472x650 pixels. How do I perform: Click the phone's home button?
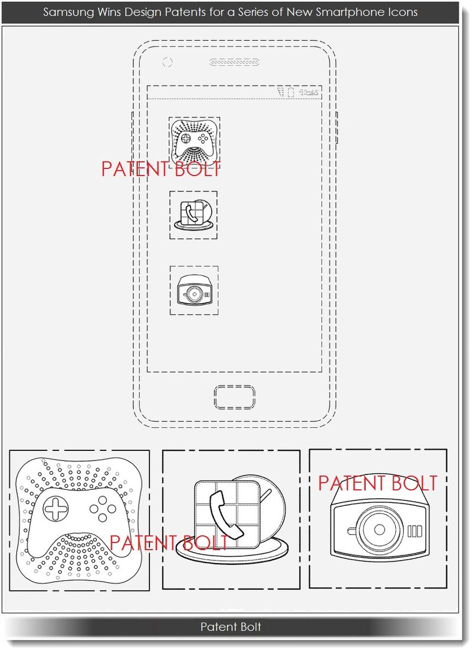[235, 397]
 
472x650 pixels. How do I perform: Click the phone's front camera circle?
[167, 61]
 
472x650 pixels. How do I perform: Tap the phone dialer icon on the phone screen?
[193, 215]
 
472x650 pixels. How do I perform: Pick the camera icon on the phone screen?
[194, 290]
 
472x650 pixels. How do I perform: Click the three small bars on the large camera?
[416, 529]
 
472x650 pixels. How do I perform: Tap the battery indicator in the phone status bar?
[290, 92]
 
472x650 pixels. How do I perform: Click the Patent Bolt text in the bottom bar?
[230, 626]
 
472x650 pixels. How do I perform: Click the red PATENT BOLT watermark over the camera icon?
[378, 483]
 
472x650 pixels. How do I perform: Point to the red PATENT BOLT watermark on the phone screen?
[160, 168]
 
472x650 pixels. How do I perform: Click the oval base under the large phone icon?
[230, 552]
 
